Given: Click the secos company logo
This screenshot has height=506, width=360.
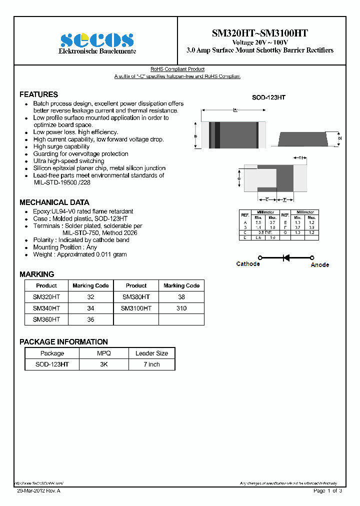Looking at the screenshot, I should pyautogui.click(x=97, y=40).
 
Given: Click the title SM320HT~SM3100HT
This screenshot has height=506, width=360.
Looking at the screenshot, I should pyautogui.click(x=259, y=33).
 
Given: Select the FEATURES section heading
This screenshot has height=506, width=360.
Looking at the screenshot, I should pyautogui.click(x=38, y=94).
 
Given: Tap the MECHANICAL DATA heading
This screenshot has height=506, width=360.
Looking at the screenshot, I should pyautogui.click(x=54, y=202).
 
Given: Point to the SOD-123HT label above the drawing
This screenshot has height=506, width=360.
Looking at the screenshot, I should pyautogui.click(x=268, y=98).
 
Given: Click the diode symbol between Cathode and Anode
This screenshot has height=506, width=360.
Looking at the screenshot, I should pyautogui.click(x=286, y=257).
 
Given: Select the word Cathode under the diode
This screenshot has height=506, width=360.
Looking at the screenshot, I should pyautogui.click(x=248, y=264).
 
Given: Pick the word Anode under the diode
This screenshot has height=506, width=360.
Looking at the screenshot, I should pyautogui.click(x=319, y=264).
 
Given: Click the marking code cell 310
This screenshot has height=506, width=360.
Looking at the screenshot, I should pyautogui.click(x=181, y=308).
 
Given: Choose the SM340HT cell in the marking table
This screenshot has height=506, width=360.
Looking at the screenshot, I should pyautogui.click(x=46, y=308).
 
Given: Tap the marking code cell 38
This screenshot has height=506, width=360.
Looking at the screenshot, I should pyautogui.click(x=181, y=297).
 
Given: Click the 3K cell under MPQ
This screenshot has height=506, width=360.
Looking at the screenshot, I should pyautogui.click(x=103, y=364).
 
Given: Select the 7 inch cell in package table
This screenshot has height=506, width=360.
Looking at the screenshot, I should pyautogui.click(x=151, y=364).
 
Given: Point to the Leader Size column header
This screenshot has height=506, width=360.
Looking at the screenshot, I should pyautogui.click(x=151, y=353).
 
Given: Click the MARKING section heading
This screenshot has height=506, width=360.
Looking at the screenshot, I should pyautogui.click(x=36, y=274).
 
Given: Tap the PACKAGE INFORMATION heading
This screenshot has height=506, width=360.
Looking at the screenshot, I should pyautogui.click(x=63, y=342).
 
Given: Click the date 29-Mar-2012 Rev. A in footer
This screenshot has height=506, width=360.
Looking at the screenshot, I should pyautogui.click(x=38, y=491).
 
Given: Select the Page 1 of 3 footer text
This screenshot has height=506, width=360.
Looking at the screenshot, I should pyautogui.click(x=327, y=491).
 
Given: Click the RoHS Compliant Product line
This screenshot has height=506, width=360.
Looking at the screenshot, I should pyautogui.click(x=177, y=69).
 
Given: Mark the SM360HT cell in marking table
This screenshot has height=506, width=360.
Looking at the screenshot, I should pyautogui.click(x=46, y=319).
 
